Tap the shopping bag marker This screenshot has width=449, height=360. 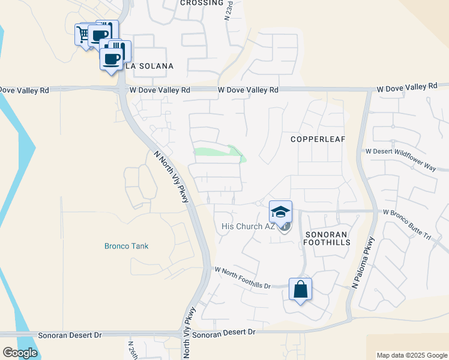300,289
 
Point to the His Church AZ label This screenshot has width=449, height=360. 247,226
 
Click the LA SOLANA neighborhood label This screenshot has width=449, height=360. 149,66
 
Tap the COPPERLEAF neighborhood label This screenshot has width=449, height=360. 318,139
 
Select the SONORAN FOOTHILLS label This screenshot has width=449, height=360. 327,238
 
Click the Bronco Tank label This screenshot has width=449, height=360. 126,246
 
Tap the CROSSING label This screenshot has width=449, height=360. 202,3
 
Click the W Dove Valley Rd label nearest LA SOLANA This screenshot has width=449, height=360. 160,89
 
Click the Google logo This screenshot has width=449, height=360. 20,352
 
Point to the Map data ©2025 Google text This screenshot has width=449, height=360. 412,355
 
